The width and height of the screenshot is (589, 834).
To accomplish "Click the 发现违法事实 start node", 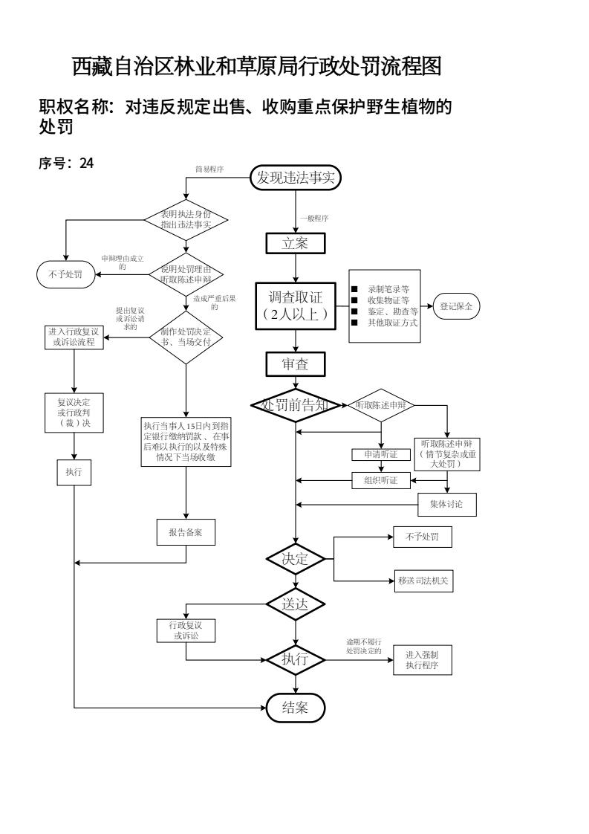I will coord(296,178).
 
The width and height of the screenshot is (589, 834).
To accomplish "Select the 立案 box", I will coord(296,243).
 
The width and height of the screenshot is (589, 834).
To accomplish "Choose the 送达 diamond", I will coord(296,604).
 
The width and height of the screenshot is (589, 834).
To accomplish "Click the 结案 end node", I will coord(296,708).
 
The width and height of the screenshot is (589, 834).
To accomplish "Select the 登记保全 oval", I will coord(457,306).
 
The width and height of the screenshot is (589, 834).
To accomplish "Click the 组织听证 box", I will coord(381,480).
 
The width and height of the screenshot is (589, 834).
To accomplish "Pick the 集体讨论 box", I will coord(446,505).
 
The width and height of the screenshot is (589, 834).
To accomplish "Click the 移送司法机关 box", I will coord(423,580).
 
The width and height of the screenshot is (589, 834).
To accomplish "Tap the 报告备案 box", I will coord(186,532).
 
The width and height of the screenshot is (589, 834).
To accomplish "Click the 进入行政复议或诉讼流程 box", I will coord(73,337).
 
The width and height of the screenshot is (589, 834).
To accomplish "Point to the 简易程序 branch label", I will coord(209,169).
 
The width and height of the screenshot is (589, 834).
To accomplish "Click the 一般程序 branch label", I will coord(314,219).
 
